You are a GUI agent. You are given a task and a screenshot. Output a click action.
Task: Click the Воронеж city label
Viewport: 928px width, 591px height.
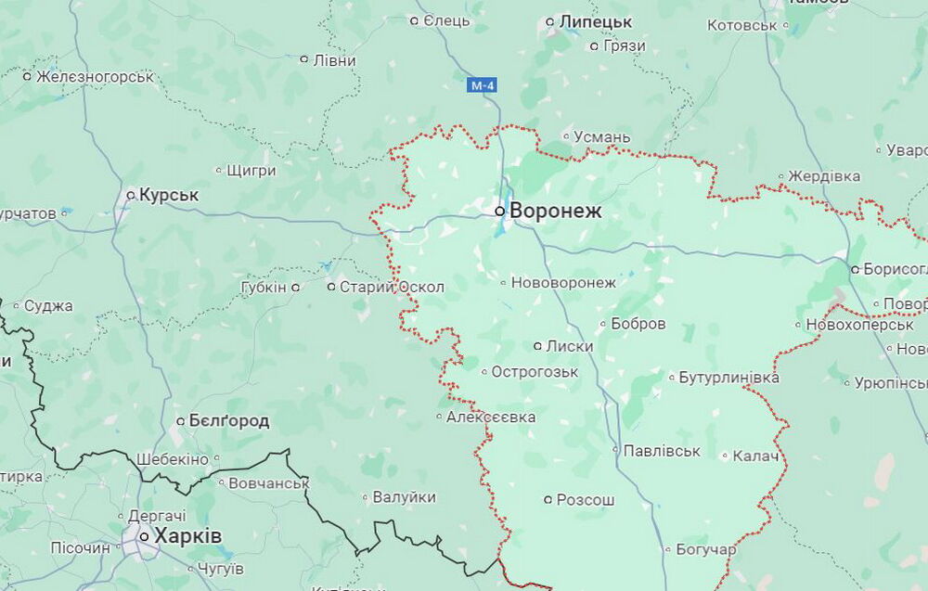[556, 211]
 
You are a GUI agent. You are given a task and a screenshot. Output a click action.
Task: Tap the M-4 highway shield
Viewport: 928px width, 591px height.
[482, 86]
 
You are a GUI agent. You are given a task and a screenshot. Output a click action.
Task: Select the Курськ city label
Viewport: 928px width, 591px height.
[169, 195]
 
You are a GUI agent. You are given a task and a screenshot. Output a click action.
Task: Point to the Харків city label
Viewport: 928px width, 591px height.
[187, 536]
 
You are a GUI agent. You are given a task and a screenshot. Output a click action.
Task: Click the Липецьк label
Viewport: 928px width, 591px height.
[595, 21]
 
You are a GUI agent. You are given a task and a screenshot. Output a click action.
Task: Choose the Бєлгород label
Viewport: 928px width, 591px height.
[228, 421]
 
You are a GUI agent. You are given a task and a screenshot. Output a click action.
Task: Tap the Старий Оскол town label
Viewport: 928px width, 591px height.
[392, 287]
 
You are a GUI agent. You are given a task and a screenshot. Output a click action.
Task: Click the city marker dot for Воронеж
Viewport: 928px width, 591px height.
[500, 212]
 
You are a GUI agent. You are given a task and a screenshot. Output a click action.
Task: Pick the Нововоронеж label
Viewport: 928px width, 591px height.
[563, 282]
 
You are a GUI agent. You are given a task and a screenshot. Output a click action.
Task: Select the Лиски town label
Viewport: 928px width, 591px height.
[570, 346]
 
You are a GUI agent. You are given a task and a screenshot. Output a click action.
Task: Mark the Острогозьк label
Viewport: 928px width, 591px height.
[535, 372]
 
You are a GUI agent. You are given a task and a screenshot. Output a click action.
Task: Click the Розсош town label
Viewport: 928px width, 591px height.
[585, 500]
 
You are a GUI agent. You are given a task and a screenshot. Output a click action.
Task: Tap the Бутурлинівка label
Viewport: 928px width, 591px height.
[729, 378]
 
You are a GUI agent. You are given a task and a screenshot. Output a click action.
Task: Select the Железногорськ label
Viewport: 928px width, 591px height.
[96, 77]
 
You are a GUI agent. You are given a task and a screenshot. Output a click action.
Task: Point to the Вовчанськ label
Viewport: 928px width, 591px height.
[269, 482]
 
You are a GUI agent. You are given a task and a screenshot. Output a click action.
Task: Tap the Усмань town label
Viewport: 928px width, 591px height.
[601, 137]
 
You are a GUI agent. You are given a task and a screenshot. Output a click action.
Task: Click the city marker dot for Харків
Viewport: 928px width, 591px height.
[144, 536]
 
